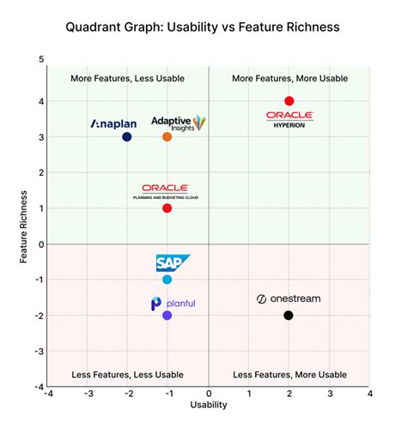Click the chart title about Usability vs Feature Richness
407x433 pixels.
click(x=203, y=27)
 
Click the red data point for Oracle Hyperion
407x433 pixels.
click(x=289, y=101)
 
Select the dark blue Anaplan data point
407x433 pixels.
click(x=127, y=136)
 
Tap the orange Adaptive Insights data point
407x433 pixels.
click(x=167, y=136)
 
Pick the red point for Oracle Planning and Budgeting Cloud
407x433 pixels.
click(x=167, y=208)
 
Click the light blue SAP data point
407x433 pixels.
click(x=167, y=280)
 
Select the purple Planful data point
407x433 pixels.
click(x=167, y=316)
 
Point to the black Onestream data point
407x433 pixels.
click(x=289, y=316)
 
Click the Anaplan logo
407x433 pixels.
click(x=113, y=123)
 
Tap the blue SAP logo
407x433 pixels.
click(x=172, y=263)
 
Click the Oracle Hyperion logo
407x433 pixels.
click(x=289, y=117)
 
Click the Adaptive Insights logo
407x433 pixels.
click(x=178, y=123)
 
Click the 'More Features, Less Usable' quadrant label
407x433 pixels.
click(x=127, y=78)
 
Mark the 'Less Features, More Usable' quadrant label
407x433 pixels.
click(x=289, y=375)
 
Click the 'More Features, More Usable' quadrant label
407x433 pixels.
click(x=289, y=78)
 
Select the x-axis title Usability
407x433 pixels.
click(x=209, y=405)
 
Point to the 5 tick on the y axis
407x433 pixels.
click(x=40, y=59)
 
